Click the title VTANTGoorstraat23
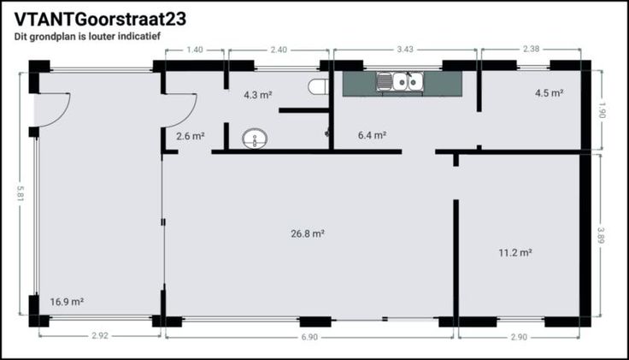coord(100,19)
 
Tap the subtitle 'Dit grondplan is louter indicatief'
coord(87,36)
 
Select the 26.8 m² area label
coord(308,233)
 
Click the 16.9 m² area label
coord(67,301)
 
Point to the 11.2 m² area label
coord(515,252)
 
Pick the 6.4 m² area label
coord(372,135)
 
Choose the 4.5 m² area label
coord(550,92)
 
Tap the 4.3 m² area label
coord(258,95)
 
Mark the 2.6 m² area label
coord(190,136)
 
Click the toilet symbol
coord(318,86)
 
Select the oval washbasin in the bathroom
coord(255,139)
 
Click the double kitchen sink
coord(400,81)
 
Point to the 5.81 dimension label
coord(20,194)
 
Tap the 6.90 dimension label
coord(309,337)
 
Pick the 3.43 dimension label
coord(405,50)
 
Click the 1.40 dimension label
coord(195,50)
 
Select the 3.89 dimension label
coord(601,236)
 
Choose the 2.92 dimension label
coord(100,336)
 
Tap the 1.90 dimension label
coord(602,110)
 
